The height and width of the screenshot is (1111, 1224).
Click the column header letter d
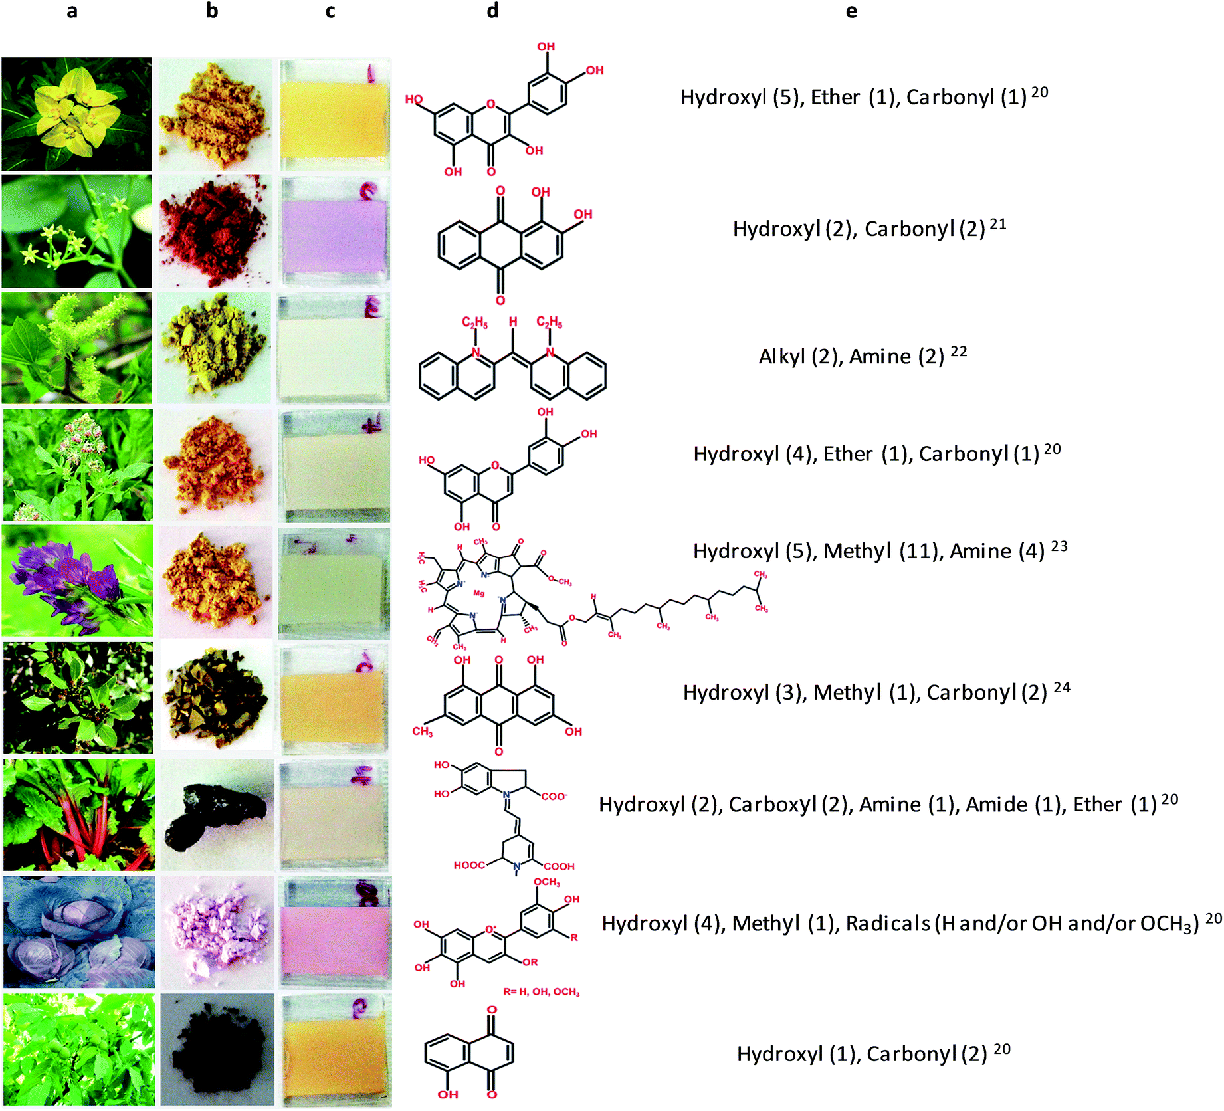(492, 11)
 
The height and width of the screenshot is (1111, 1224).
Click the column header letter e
(851, 11)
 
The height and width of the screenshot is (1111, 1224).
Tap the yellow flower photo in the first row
(76, 114)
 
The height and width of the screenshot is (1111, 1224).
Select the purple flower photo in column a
(78, 581)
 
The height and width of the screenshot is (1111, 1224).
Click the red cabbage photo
(79, 932)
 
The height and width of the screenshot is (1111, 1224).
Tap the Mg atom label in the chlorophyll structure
(479, 593)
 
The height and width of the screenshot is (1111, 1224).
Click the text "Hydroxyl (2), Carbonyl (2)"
(859, 229)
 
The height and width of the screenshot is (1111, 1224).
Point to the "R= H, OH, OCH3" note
(541, 992)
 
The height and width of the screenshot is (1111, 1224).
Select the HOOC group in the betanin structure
(469, 865)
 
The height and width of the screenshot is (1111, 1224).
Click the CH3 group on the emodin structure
(422, 732)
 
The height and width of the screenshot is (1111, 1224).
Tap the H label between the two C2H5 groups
(513, 322)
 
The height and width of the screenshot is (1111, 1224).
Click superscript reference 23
(1059, 546)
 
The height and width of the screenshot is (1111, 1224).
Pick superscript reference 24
(1062, 687)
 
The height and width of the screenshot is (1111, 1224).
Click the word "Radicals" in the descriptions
(888, 924)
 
